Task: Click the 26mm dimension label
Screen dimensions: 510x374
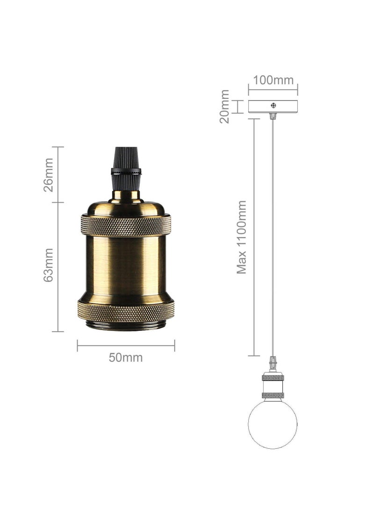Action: click(49, 175)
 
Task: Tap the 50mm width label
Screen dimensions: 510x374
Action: click(126, 358)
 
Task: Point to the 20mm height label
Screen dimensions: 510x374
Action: click(225, 107)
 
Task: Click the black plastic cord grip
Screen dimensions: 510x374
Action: click(126, 168)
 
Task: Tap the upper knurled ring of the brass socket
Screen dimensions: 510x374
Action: click(126, 225)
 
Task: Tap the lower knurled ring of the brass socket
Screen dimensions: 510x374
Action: click(126, 311)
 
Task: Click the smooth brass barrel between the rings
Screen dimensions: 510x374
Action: click(126, 266)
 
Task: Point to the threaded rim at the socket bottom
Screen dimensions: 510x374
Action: click(126, 326)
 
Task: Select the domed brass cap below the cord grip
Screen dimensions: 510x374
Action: click(126, 206)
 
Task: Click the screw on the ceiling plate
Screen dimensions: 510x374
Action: click(273, 106)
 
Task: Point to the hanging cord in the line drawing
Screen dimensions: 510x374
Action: click(273, 234)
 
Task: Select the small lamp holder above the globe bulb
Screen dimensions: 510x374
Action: click(273, 386)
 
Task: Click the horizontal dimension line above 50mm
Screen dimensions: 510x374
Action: click(126, 346)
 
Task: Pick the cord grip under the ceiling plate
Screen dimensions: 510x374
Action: click(273, 116)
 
